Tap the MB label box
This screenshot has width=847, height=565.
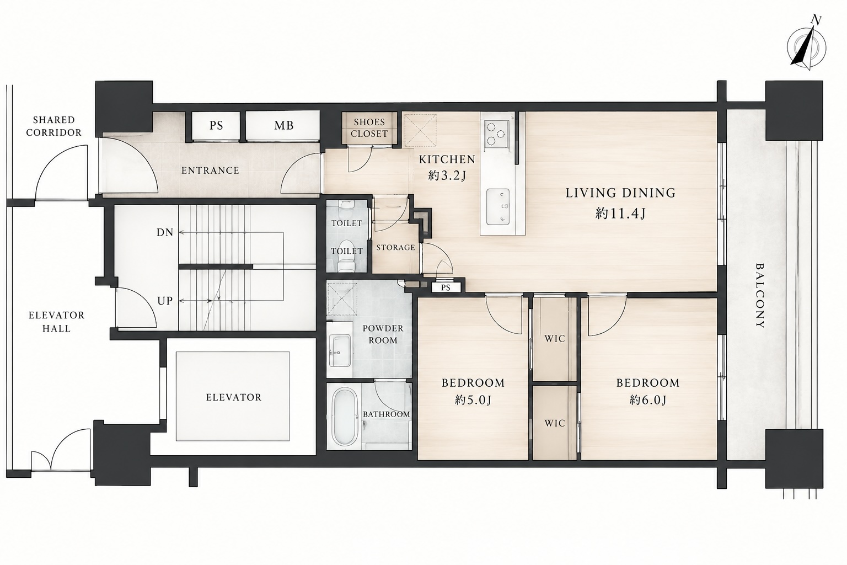point(283,126)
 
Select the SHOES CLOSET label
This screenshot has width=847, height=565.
point(369,128)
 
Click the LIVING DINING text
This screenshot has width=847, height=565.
point(620,193)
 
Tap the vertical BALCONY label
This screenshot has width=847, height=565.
point(760,296)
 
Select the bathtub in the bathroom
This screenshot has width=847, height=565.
point(345,418)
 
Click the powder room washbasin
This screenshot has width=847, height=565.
point(340,350)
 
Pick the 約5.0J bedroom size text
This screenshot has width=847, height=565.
point(473,401)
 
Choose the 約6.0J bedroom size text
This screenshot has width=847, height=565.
point(647,401)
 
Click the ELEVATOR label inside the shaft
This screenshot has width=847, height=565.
point(233,397)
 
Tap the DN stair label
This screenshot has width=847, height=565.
point(165,232)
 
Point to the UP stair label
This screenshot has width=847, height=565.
point(165,301)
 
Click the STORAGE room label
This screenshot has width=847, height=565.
point(395,248)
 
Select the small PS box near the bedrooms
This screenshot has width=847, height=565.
point(446,287)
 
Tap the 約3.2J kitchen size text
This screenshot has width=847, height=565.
point(447,176)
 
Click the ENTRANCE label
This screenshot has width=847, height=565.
point(210,170)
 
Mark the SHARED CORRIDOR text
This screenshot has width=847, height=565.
point(53,126)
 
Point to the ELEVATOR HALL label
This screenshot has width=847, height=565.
point(56,322)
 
